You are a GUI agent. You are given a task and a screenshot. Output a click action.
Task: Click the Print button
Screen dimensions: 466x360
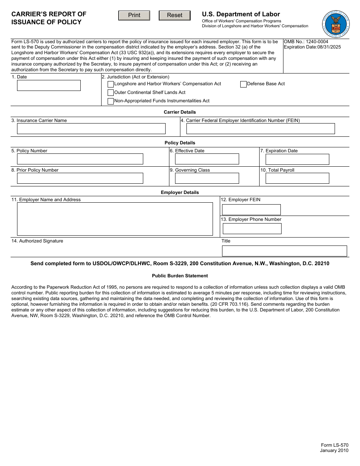[134, 15]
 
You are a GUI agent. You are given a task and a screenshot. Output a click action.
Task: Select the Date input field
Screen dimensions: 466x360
[49, 85]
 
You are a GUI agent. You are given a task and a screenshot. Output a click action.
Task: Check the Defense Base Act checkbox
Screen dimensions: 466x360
[243, 84]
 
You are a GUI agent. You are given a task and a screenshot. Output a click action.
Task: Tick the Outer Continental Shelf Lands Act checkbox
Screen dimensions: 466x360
[111, 92]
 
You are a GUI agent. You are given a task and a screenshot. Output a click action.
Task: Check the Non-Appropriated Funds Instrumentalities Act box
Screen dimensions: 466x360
[111, 101]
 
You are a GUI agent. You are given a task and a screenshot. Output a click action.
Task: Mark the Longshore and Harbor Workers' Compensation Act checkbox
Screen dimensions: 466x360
[111, 84]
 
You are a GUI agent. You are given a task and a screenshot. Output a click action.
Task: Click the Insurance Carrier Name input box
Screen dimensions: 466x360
[91, 129]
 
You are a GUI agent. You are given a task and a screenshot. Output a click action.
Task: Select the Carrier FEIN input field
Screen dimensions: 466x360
[260, 129]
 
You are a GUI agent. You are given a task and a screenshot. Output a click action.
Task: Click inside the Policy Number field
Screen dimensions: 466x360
[80, 159]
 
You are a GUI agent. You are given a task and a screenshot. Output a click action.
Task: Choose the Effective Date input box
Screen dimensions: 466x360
[207, 159]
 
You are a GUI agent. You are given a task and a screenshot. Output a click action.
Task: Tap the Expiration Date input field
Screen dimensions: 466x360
[297, 159]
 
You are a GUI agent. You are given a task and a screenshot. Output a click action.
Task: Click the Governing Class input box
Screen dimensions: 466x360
[207, 178]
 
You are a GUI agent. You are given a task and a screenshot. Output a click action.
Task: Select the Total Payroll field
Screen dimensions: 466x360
[297, 178]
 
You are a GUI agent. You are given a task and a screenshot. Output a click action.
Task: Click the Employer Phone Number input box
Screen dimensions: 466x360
[252, 228]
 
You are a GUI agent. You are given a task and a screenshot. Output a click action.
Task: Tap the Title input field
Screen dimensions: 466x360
[284, 251]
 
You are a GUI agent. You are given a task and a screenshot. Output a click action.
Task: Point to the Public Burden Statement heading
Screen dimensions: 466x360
[180, 276]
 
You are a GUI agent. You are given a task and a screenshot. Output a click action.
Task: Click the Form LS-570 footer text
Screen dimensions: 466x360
[335, 445]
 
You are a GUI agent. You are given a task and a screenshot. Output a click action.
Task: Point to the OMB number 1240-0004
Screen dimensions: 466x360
[306, 42]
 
